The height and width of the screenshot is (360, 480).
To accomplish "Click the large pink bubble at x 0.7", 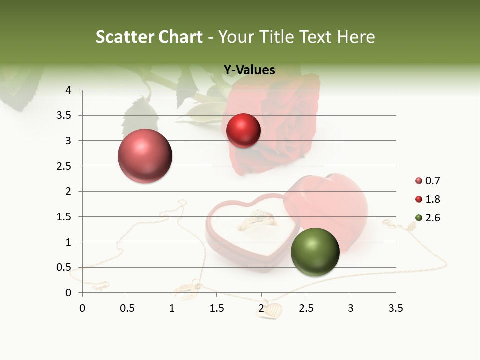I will click(145, 156).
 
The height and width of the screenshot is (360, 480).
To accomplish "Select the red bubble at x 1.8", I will click(243, 130).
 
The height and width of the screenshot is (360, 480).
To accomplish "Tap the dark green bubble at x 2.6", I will click(315, 252).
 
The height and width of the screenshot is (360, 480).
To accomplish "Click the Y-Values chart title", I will click(249, 70).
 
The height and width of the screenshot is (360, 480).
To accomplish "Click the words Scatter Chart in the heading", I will click(149, 37).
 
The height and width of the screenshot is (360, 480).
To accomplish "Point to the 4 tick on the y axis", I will click(68, 90).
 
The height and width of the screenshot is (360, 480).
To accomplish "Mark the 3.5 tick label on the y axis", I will click(65, 115).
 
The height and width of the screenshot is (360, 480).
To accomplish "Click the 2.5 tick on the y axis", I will click(65, 166).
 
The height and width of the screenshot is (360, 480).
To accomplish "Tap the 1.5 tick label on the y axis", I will click(65, 217).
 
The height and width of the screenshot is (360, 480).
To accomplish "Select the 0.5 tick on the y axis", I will click(65, 267).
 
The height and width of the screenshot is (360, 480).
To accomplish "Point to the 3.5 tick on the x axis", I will click(395, 308).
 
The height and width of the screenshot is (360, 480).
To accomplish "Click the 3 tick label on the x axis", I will click(351, 308).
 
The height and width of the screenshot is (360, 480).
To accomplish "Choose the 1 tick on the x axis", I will click(172, 308).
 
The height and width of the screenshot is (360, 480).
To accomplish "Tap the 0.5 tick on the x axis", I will click(127, 308).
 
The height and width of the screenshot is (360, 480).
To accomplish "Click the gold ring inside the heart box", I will click(258, 220).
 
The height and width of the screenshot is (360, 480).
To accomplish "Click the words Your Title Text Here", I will click(297, 37).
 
